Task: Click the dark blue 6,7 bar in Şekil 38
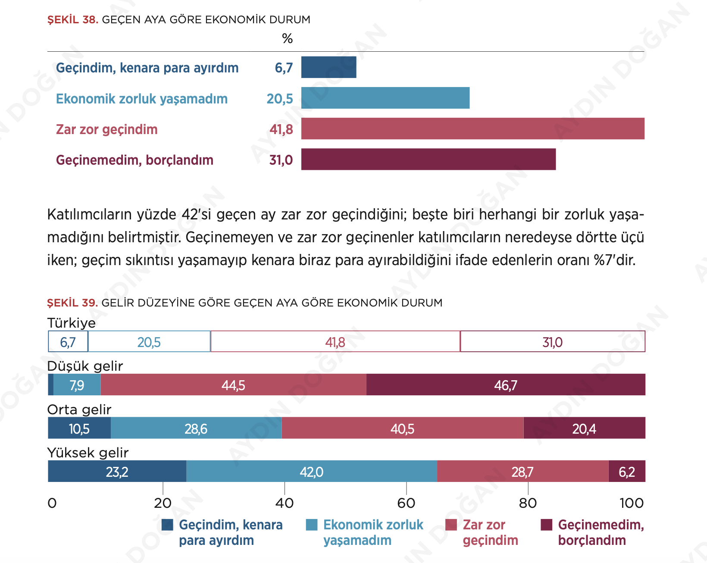328,67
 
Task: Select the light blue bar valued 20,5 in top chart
385,98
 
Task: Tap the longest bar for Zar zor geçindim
472,128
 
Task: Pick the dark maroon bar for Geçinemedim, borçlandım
428,159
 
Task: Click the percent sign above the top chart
287,39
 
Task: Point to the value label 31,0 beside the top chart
281,160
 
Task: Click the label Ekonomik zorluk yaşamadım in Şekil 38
142,99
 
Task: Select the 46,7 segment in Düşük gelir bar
506,385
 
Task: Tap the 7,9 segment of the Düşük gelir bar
77,385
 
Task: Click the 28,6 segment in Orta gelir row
196,428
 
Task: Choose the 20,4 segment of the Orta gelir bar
584,428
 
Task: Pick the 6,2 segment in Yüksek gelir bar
627,471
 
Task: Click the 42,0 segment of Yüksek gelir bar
311,471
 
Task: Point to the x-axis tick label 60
406,503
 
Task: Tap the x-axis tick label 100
632,503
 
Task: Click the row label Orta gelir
79,409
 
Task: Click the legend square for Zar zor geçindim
451,525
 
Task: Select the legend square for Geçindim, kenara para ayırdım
167,525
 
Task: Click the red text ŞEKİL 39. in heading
72,303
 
